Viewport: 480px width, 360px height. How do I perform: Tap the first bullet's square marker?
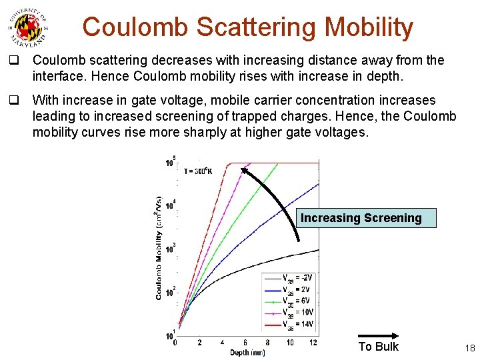click(13, 61)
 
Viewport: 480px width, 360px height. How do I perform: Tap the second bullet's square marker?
click(13, 101)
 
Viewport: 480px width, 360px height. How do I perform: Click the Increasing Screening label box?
click(361, 218)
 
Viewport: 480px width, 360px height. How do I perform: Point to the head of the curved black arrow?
click(245, 170)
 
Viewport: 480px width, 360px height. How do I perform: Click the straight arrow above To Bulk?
click(379, 335)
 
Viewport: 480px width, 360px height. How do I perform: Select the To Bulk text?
click(378, 347)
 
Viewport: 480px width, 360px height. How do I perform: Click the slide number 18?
click(469, 347)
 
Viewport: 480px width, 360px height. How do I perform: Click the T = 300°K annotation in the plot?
click(197, 171)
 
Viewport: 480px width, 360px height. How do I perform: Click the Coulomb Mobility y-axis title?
click(159, 247)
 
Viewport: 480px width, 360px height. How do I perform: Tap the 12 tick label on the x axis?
click(313, 343)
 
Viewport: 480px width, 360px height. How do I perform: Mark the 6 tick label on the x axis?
click(245, 343)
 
